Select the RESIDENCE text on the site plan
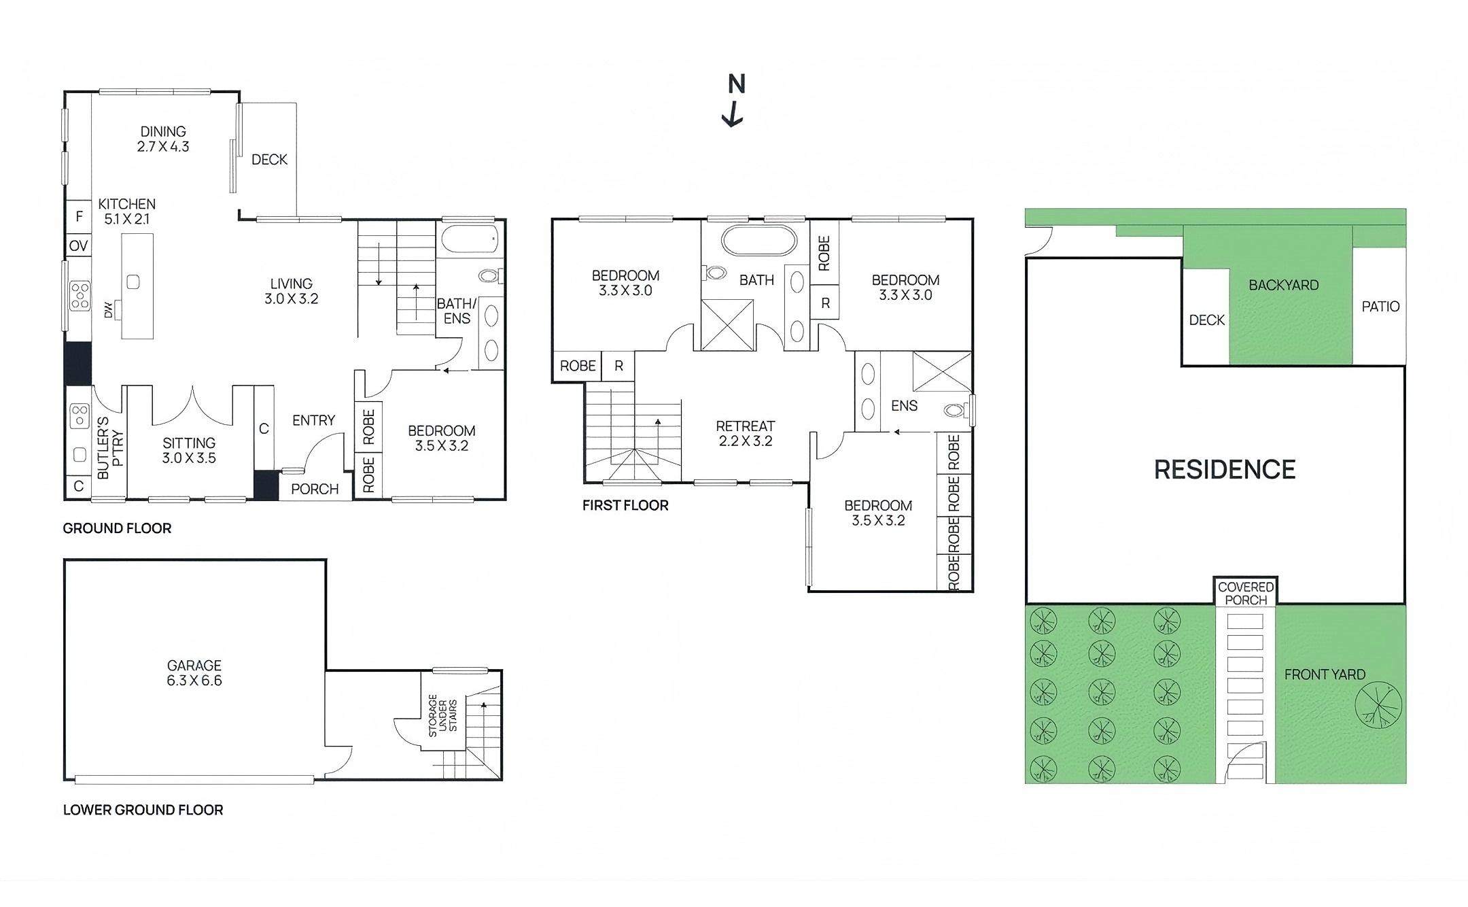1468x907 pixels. click(x=1225, y=470)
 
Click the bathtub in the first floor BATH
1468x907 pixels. click(x=758, y=241)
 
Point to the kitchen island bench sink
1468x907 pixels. click(x=133, y=281)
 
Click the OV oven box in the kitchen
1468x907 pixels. click(x=79, y=245)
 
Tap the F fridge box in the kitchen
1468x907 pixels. click(x=79, y=216)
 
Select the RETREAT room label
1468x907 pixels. click(x=746, y=433)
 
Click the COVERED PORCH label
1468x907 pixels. click(x=1246, y=593)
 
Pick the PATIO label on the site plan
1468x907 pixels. click(x=1380, y=307)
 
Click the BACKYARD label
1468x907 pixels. click(x=1283, y=285)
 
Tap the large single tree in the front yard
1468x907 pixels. click(x=1378, y=706)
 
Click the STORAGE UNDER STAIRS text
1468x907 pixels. click(x=442, y=715)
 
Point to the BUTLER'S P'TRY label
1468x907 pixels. click(x=110, y=448)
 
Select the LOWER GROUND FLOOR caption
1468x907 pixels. click(x=143, y=810)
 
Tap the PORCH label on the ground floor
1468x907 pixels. click(x=315, y=489)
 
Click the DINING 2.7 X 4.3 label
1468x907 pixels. click(x=163, y=139)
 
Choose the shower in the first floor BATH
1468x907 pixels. click(x=727, y=325)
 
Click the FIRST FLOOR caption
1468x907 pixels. click(x=625, y=505)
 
